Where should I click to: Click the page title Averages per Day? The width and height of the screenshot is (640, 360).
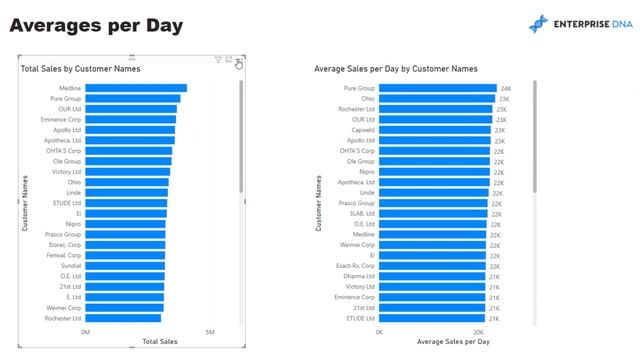click(96, 25)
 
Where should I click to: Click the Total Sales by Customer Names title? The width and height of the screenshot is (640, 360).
click(80, 69)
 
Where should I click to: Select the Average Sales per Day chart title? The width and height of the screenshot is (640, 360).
click(395, 69)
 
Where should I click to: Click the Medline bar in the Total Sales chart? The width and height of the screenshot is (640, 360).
click(136, 88)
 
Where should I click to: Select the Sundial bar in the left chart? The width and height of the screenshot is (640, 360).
click(125, 266)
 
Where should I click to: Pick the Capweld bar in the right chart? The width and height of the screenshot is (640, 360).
click(436, 130)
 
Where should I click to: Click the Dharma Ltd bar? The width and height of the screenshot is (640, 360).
click(433, 276)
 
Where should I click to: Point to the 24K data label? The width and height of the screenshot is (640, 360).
click(505, 89)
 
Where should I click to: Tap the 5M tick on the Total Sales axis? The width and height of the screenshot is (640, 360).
click(210, 332)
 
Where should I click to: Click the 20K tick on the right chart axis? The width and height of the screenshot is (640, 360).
click(478, 332)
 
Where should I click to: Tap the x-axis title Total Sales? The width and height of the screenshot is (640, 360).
click(160, 342)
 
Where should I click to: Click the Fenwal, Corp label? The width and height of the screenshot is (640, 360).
click(65, 255)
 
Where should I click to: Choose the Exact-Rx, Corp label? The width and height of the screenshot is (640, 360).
click(357, 266)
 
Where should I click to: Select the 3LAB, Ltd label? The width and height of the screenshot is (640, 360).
click(362, 213)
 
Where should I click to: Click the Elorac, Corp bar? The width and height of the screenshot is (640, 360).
click(125, 245)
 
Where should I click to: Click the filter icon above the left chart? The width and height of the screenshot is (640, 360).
click(218, 61)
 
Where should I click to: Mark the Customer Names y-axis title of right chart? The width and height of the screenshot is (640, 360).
click(318, 203)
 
